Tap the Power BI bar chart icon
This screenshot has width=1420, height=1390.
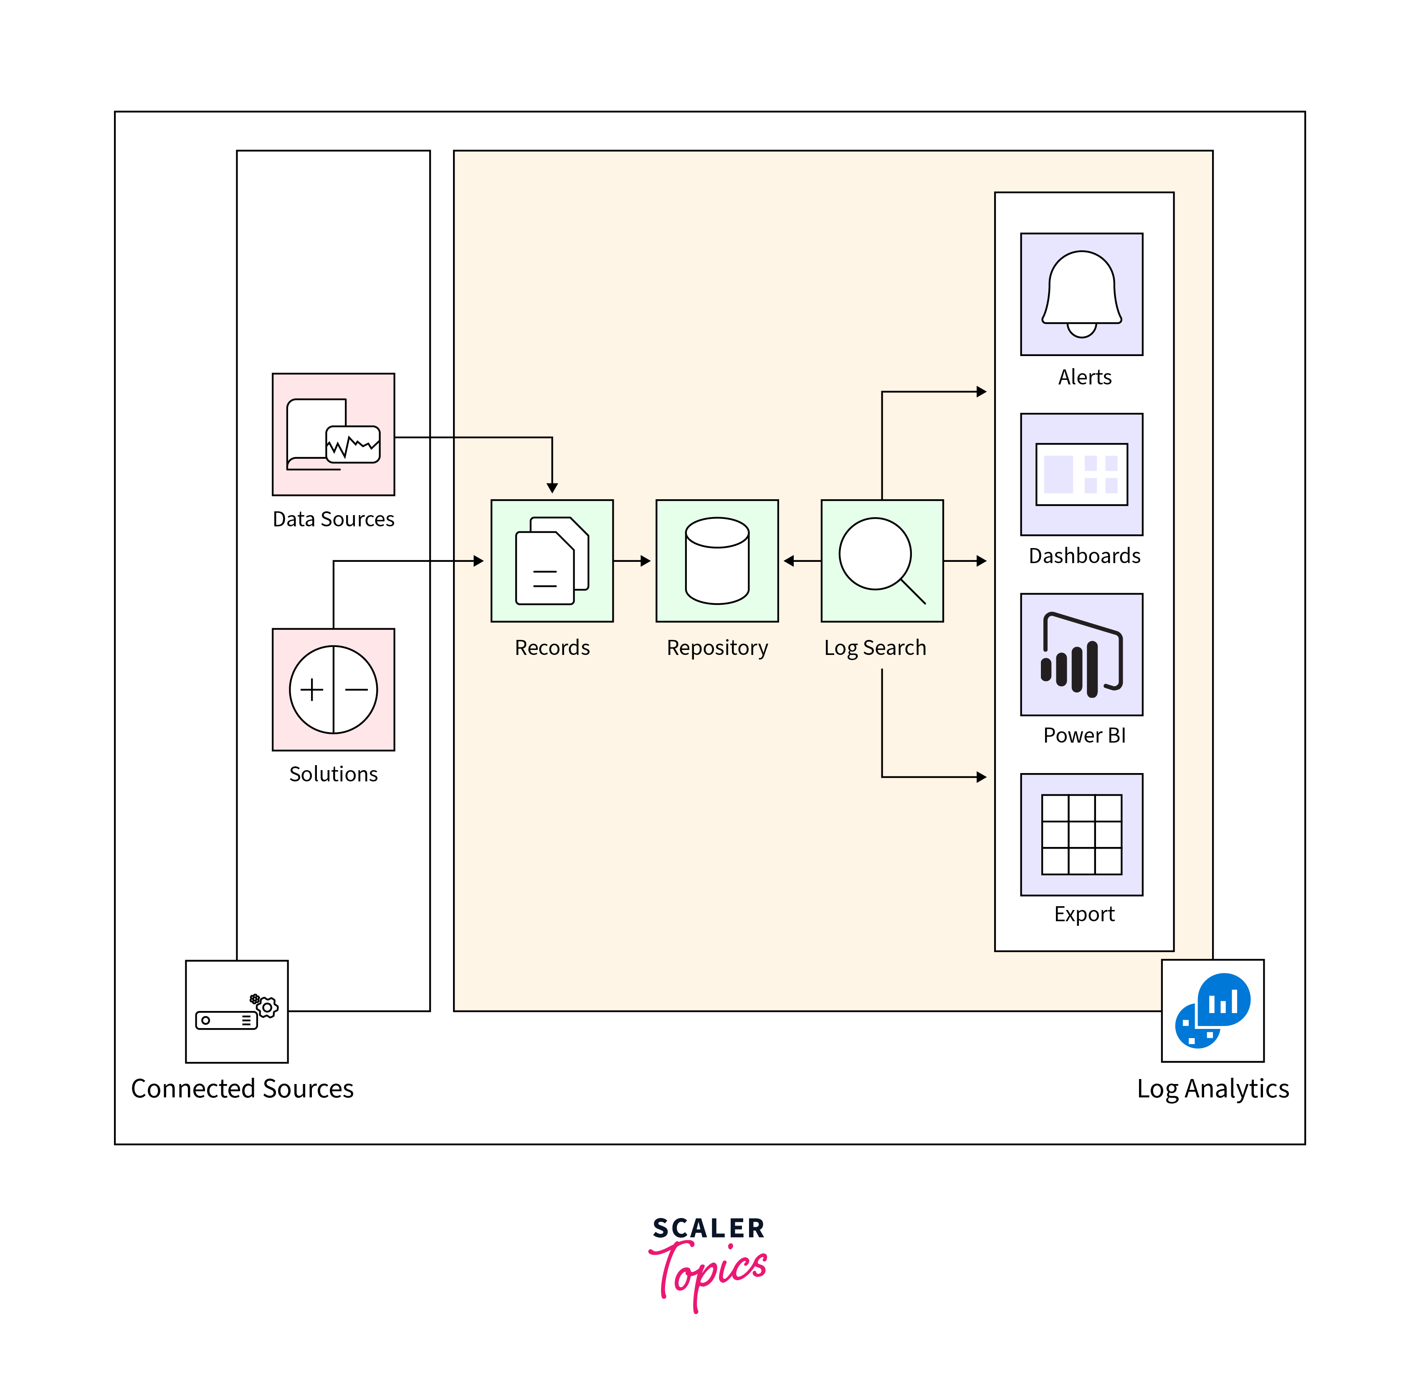pyautogui.click(x=1081, y=654)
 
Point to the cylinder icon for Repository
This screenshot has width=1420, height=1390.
pyautogui.click(x=717, y=561)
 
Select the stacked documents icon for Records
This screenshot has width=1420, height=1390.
pyautogui.click(x=552, y=561)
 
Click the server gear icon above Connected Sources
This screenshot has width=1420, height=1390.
pyautogui.click(x=237, y=1011)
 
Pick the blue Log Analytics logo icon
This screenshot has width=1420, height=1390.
pyautogui.click(x=1212, y=1011)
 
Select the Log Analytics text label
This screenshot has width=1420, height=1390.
pyautogui.click(x=1212, y=1089)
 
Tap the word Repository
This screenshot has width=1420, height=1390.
pyautogui.click(x=717, y=647)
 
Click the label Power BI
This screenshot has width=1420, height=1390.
pyautogui.click(x=1084, y=735)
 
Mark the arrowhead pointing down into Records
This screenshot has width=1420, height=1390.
pyautogui.click(x=552, y=488)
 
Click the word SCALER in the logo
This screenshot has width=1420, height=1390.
pyautogui.click(x=708, y=1228)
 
